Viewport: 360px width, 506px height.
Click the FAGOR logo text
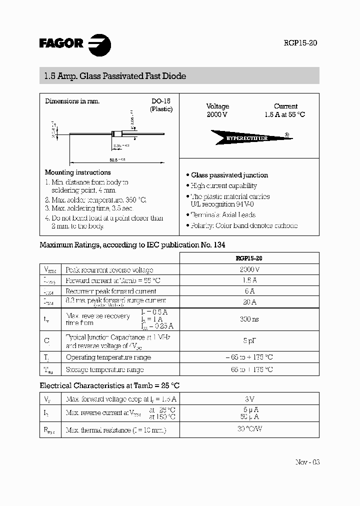[61, 43]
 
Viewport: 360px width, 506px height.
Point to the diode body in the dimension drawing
[117, 133]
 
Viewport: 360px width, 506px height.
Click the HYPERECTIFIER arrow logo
[247, 137]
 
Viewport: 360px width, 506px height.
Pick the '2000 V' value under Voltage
[217, 114]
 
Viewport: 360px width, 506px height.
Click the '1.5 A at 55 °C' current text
[284, 114]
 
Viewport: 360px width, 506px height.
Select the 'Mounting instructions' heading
[77, 172]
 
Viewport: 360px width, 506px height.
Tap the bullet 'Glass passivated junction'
[229, 175]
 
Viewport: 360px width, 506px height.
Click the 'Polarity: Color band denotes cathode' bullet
[243, 225]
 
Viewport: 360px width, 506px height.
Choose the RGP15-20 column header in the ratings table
[248, 258]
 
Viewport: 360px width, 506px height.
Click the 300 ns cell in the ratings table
[248, 318]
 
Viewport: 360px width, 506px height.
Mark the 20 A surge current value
[248, 301]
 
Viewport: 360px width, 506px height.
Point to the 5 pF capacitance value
[248, 341]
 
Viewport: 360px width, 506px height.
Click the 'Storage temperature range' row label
[104, 369]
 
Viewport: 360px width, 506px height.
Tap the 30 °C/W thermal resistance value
[248, 429]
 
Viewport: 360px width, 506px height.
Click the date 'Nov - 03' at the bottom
[307, 461]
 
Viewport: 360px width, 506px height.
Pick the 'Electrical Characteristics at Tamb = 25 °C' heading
[109, 385]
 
